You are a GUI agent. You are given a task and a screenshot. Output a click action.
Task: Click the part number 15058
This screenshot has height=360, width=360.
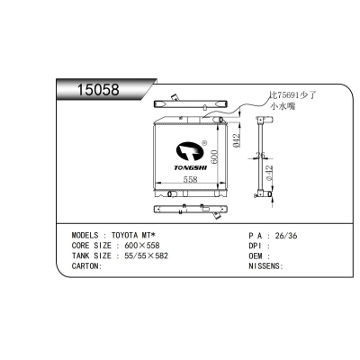[x=98, y=89]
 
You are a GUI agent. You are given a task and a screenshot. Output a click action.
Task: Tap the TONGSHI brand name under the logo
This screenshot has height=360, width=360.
[x=190, y=167]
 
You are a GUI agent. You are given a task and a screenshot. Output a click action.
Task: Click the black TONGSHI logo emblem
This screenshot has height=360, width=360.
[x=190, y=151]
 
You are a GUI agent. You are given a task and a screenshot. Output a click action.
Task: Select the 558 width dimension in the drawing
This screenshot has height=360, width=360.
[x=191, y=179]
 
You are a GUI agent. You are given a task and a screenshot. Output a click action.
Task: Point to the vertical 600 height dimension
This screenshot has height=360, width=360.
[x=214, y=157]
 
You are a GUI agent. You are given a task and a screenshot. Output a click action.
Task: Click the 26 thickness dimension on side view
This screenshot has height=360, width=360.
[x=260, y=155]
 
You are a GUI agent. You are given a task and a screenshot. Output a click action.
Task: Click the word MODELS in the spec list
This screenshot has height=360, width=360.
[x=85, y=235]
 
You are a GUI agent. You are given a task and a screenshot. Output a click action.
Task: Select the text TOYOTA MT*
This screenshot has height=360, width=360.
[x=133, y=235]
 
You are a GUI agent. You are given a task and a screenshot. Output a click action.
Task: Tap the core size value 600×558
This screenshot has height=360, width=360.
[x=142, y=246]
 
